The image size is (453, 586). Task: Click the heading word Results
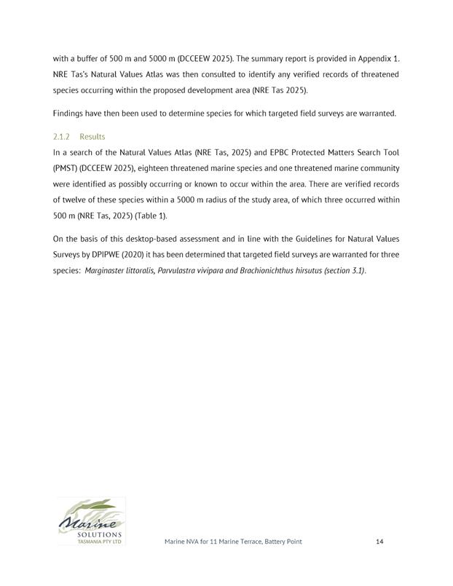(x=92, y=137)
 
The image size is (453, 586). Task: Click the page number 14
(x=379, y=542)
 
